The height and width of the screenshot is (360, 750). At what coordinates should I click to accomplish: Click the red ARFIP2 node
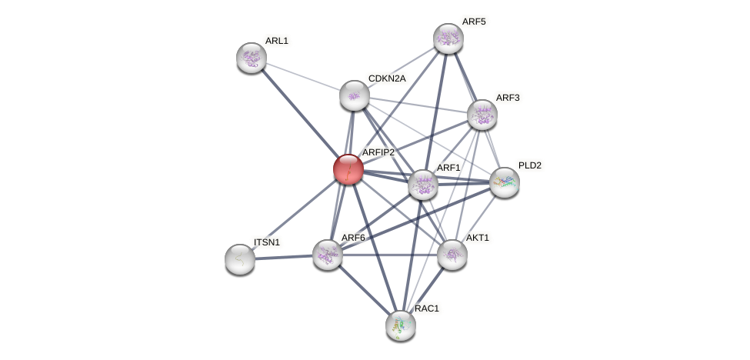tap(348, 169)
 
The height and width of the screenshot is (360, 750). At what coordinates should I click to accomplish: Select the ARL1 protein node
tap(251, 58)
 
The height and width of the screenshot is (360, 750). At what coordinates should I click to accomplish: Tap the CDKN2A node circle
tap(354, 95)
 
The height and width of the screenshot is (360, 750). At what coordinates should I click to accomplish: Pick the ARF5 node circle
tap(448, 38)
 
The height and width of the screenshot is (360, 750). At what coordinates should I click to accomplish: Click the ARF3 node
tap(482, 115)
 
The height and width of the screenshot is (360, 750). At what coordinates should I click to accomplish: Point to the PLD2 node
tap(504, 182)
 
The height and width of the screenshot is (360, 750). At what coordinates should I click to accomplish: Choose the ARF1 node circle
tap(422, 185)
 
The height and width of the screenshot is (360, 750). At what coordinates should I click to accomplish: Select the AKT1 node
tap(452, 255)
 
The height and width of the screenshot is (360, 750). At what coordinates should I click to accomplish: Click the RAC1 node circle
tap(400, 325)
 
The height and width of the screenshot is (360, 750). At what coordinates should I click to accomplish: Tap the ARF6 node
tap(327, 255)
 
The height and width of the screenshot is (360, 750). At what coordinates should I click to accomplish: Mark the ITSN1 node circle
tap(240, 259)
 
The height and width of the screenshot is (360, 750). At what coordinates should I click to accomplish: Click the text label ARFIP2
tap(378, 152)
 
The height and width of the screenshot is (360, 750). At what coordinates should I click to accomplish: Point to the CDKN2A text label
tap(386, 78)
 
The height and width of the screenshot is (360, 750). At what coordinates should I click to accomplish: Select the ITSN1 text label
tap(267, 242)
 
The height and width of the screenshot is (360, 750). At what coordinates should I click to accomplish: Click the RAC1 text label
tap(427, 308)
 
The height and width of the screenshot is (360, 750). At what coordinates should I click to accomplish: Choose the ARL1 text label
tap(276, 41)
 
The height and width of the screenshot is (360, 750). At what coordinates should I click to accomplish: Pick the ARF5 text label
tap(473, 22)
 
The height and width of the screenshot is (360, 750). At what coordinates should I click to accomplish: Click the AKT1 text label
tap(477, 238)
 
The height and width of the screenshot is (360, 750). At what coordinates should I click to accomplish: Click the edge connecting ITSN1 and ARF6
tap(284, 257)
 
